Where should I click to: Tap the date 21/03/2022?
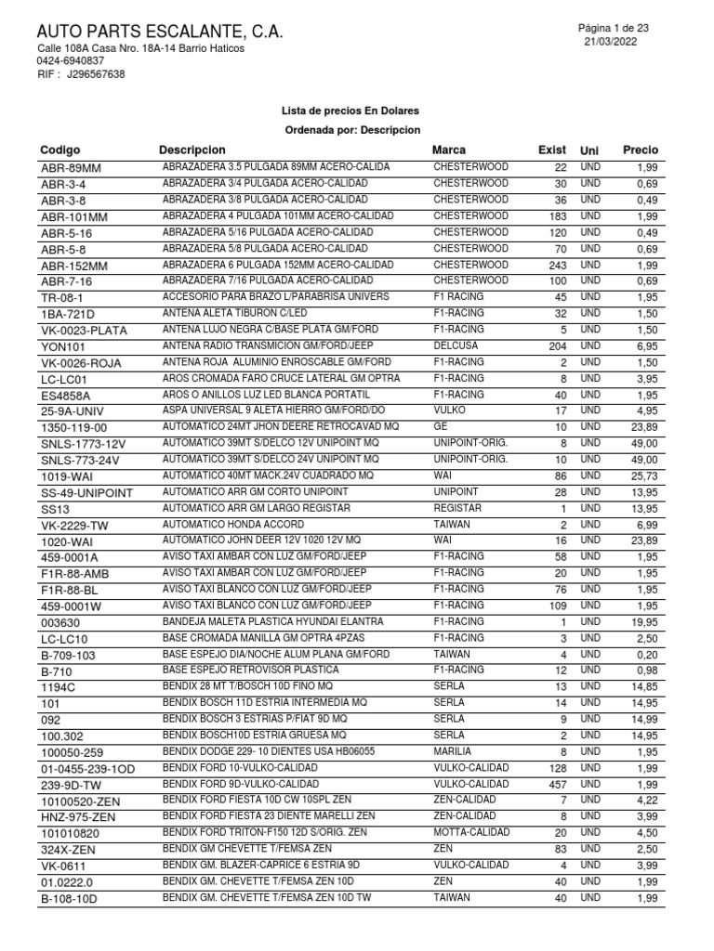[x=611, y=43]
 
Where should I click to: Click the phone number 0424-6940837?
[x=71, y=61]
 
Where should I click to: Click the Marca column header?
[x=449, y=150]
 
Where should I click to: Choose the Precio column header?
[x=641, y=150]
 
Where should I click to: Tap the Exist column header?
[x=552, y=150]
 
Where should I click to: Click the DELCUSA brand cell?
[x=456, y=345]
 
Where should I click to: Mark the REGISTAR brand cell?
[x=457, y=509]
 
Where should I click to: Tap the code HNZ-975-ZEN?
[x=78, y=816]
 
